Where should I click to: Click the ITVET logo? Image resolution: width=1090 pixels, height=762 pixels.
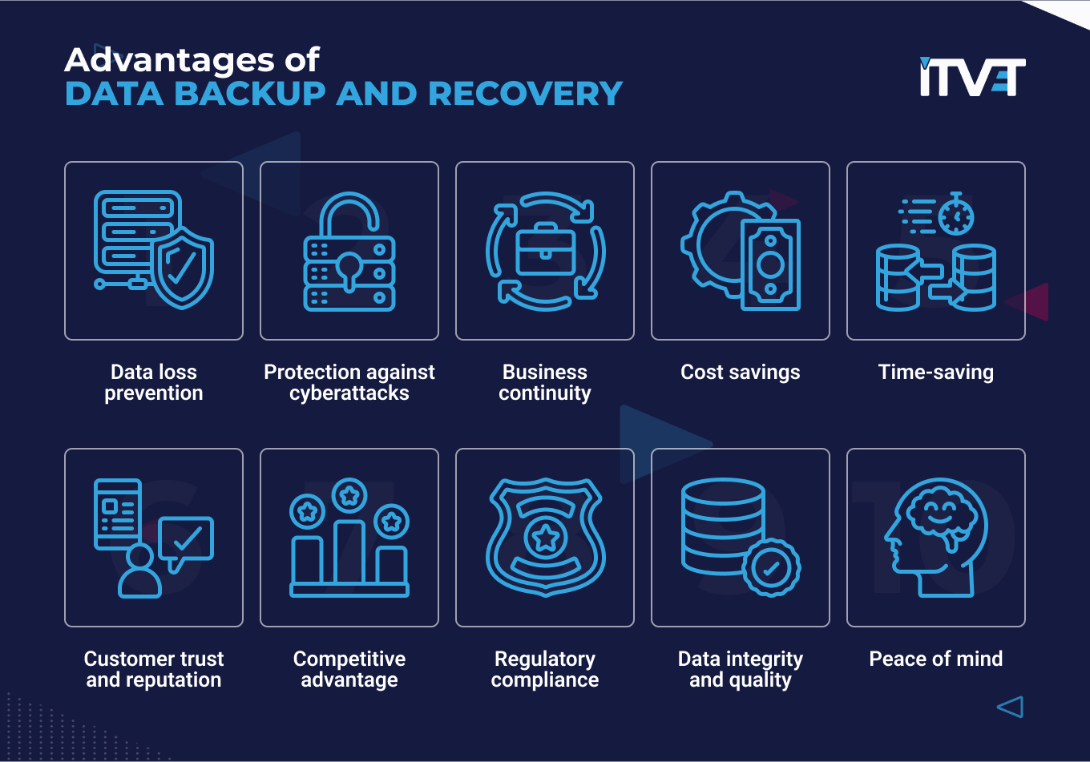(x=972, y=77)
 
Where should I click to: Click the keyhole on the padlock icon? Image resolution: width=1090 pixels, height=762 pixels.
(x=349, y=268)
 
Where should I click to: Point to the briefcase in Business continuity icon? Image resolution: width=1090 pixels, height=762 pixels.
(x=545, y=250)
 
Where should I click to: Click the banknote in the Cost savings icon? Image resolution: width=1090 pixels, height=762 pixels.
(x=770, y=264)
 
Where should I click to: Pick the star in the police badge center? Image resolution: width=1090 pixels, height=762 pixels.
(x=545, y=538)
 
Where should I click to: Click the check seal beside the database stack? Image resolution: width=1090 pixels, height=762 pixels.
(x=771, y=568)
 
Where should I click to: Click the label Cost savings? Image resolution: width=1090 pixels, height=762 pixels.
(x=740, y=372)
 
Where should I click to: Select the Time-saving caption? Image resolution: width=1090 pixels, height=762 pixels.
(x=935, y=372)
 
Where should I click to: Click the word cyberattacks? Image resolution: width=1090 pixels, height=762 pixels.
(x=349, y=393)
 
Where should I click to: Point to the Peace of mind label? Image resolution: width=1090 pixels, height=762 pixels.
(x=935, y=659)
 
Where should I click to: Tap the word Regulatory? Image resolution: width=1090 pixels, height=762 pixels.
(x=545, y=659)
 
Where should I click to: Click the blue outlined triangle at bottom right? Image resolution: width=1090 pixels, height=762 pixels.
(x=1011, y=707)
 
